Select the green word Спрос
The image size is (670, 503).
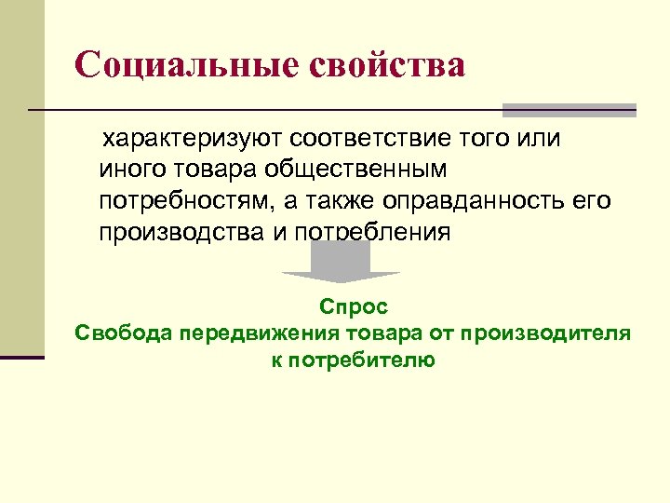point(353,306)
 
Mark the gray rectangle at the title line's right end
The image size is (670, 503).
point(569,110)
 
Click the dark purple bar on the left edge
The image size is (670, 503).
point(22,357)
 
